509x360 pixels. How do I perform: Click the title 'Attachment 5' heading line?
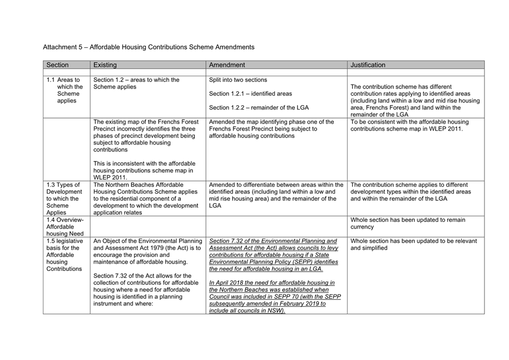(x=149, y=47)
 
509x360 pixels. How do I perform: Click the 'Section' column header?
(x=58, y=65)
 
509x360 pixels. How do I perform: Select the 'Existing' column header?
(x=105, y=65)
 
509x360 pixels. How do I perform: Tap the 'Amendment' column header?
(x=227, y=65)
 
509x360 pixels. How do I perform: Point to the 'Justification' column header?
(x=368, y=65)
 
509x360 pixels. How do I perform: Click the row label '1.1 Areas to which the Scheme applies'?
(x=66, y=90)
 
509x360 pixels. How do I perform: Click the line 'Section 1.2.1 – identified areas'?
(x=250, y=93)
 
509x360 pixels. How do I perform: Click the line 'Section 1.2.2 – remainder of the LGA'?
(x=259, y=107)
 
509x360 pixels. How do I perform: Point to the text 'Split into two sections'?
(x=238, y=80)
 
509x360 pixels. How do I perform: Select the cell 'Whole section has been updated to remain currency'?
(x=409, y=224)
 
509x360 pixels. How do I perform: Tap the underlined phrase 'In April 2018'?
(x=228, y=283)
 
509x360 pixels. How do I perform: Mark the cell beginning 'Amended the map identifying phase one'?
(x=271, y=129)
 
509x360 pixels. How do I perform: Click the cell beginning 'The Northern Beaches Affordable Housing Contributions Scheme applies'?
(x=146, y=199)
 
